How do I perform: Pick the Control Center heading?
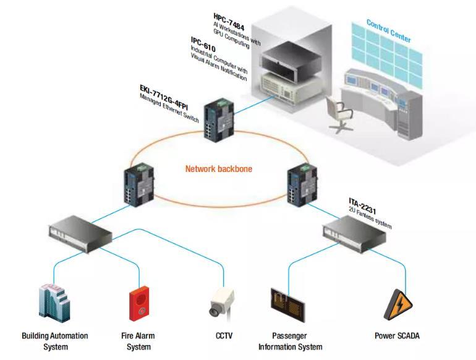388,30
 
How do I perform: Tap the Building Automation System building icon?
54,302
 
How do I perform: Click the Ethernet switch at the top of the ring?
221,114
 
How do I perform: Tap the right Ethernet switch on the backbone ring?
300,184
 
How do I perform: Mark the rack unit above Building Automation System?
79,232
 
